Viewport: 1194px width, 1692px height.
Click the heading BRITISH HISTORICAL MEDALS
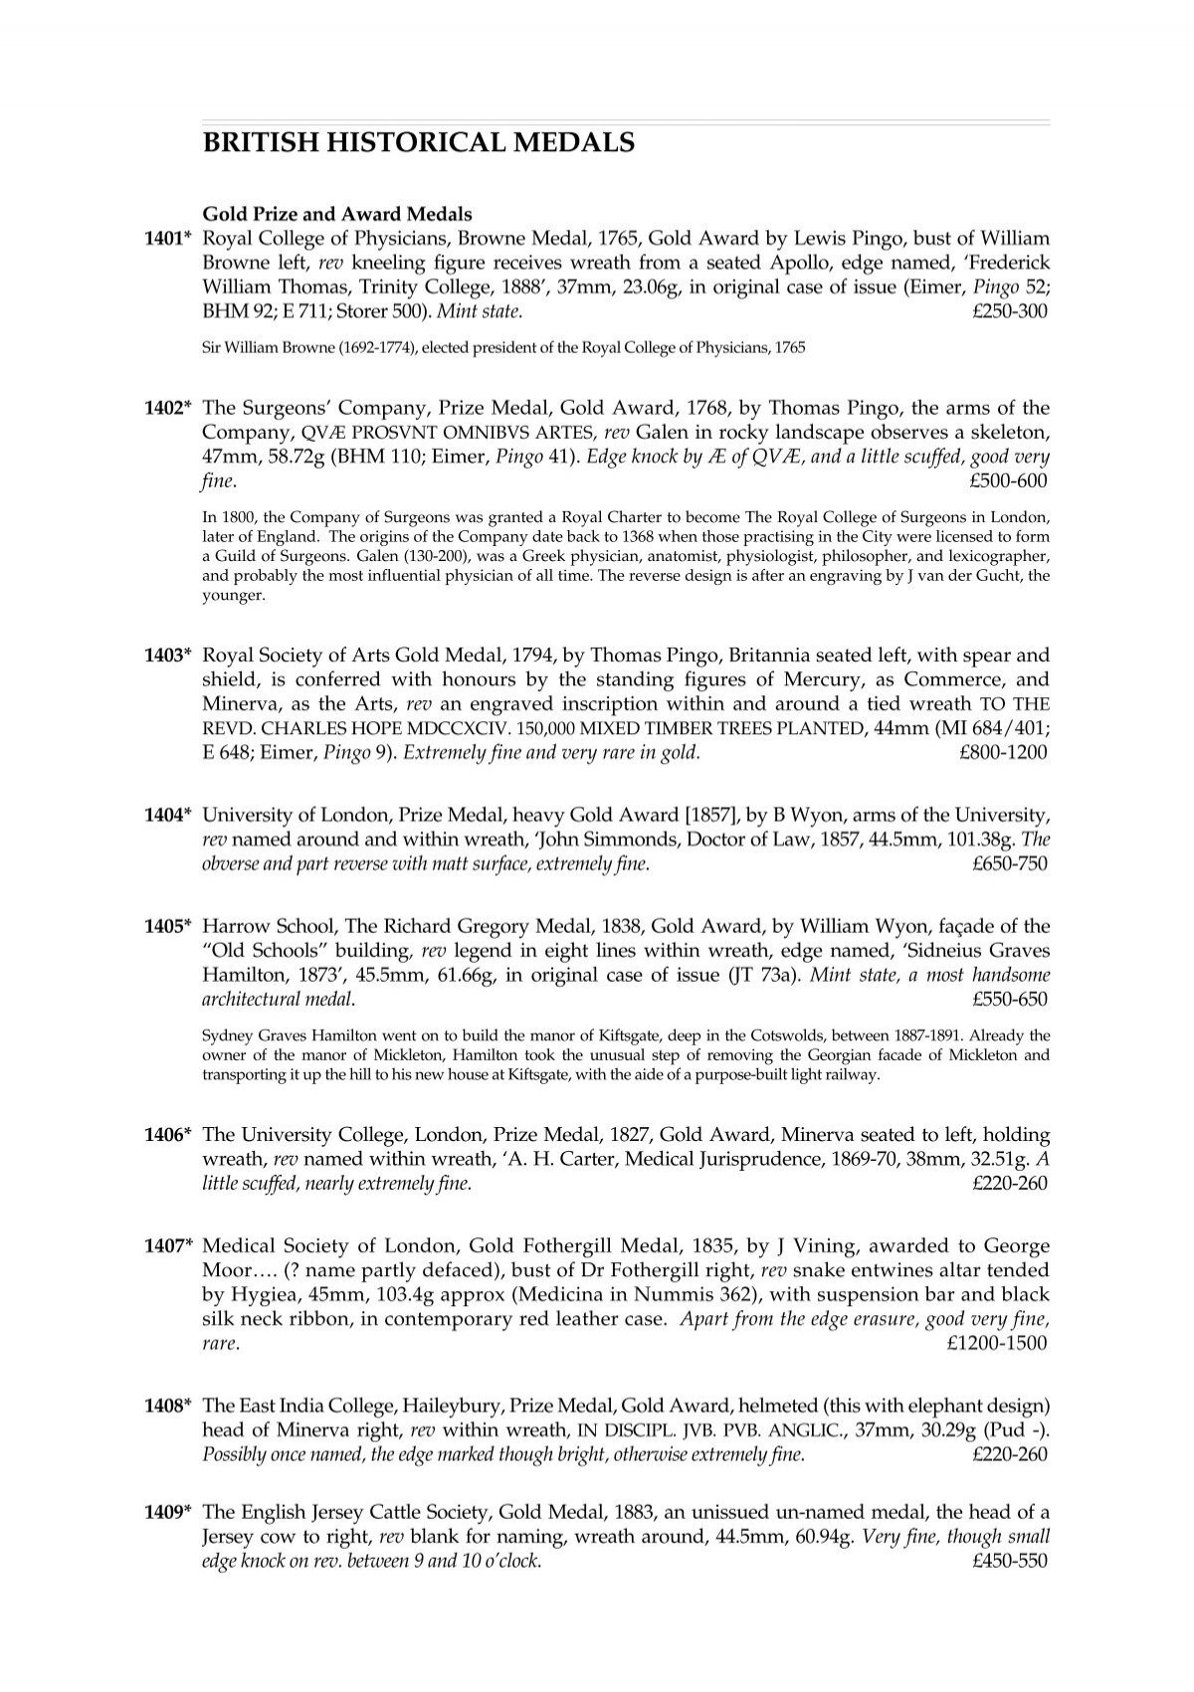pos(418,143)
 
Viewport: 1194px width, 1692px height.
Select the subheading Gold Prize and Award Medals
pos(337,213)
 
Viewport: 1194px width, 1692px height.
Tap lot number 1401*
pos(164,239)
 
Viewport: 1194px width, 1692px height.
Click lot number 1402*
pos(164,408)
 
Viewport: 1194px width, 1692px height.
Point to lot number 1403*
pos(164,656)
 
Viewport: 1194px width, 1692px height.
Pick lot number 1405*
pos(164,927)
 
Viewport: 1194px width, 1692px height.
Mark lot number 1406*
pos(164,1135)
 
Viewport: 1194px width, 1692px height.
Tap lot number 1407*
pos(164,1246)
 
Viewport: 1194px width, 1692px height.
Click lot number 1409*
pos(164,1512)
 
